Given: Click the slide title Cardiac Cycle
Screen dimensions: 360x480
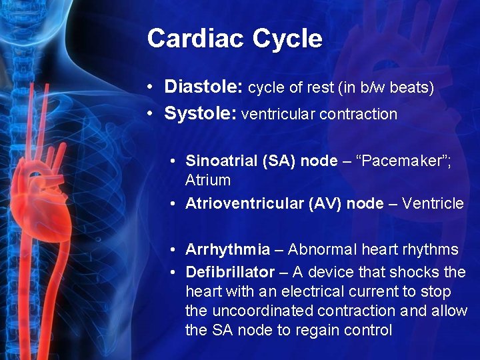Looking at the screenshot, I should pos(235,39).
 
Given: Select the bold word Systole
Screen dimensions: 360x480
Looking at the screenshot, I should pos(200,114).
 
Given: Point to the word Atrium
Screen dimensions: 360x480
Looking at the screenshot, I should pos(208,180).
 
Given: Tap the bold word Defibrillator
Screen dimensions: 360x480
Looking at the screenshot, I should pos(230,272).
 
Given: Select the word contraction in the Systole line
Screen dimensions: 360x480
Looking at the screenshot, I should pos(358,115).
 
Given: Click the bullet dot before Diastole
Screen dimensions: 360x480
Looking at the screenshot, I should pos(152,88).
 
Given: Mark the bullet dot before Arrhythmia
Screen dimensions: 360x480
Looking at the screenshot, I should pos(172,251).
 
